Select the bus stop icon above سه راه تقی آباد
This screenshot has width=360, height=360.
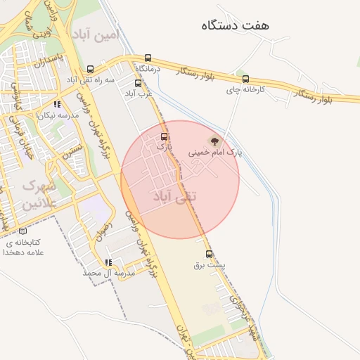[x=91, y=70]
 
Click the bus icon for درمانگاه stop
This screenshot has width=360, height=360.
[x=148, y=58]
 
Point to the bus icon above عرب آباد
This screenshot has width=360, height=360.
[x=136, y=83]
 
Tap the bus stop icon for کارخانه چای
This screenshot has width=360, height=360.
[x=245, y=79]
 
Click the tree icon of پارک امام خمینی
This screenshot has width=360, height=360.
[x=215, y=141]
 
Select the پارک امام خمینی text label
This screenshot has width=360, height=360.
[x=215, y=152]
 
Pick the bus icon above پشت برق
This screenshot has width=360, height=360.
[x=209, y=255]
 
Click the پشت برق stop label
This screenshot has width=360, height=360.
[x=209, y=266]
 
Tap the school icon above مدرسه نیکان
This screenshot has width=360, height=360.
[x=57, y=104]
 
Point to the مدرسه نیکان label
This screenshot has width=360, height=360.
[x=56, y=115]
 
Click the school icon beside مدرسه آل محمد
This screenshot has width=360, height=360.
[x=108, y=262]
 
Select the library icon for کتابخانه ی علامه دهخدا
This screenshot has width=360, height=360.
[x=23, y=231]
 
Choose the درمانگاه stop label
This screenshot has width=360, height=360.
[x=148, y=69]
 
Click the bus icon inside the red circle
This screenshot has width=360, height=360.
[x=165, y=136]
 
